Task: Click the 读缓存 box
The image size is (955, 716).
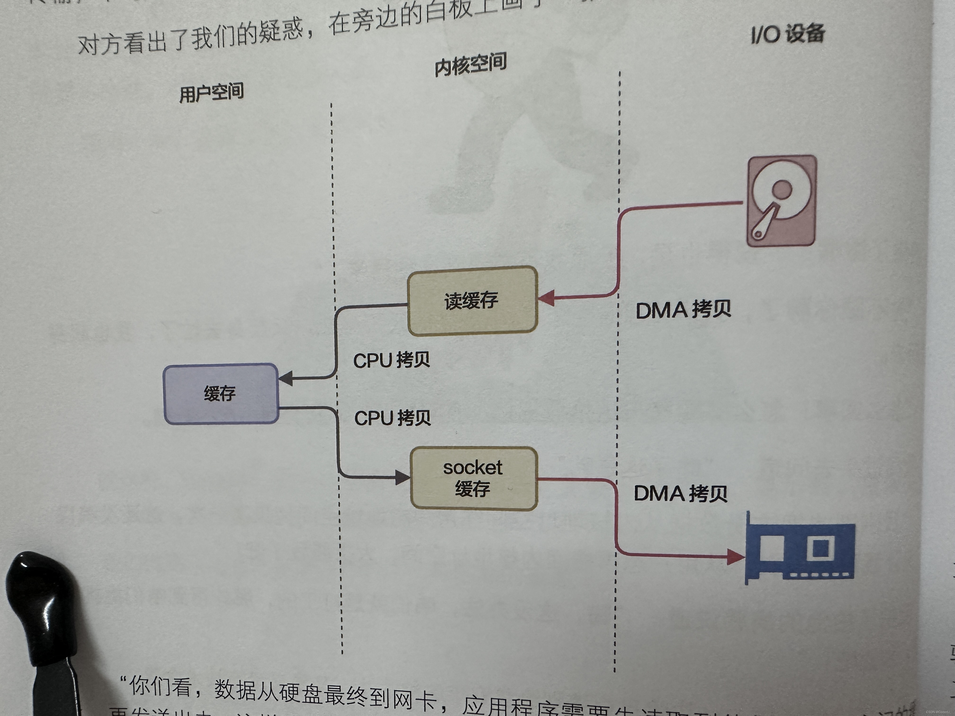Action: coord(472,301)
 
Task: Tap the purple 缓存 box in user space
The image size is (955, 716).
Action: coord(221,394)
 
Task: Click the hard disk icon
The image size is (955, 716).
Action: coord(781,201)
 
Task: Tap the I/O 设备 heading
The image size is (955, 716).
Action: coord(788,34)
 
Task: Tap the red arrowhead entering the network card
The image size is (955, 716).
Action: coord(735,557)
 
